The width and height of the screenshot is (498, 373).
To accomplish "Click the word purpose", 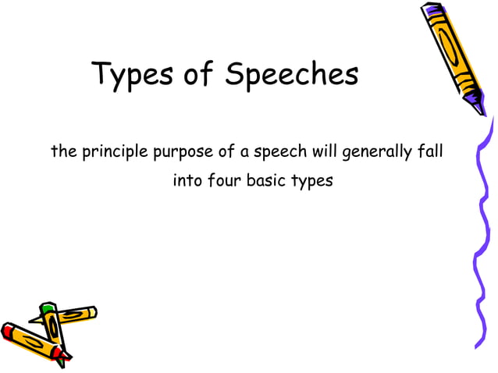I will (x=182, y=152).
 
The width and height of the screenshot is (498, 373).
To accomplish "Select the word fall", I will (x=430, y=151).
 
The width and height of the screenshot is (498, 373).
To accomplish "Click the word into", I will (x=187, y=181).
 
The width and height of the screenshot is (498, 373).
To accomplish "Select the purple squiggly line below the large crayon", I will (x=478, y=234).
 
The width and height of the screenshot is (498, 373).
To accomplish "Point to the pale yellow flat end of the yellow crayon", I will (x=94, y=311).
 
